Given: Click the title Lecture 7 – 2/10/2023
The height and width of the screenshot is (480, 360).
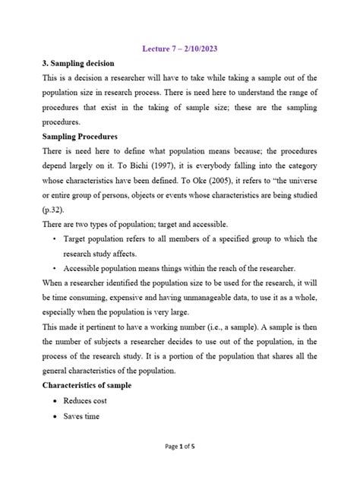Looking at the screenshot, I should coord(179,49).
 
